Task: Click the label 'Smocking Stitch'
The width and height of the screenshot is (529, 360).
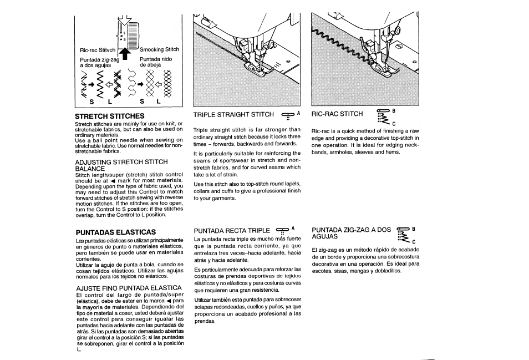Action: click(x=159, y=49)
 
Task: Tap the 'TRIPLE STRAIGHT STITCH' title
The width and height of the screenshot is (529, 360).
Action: click(x=233, y=115)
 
